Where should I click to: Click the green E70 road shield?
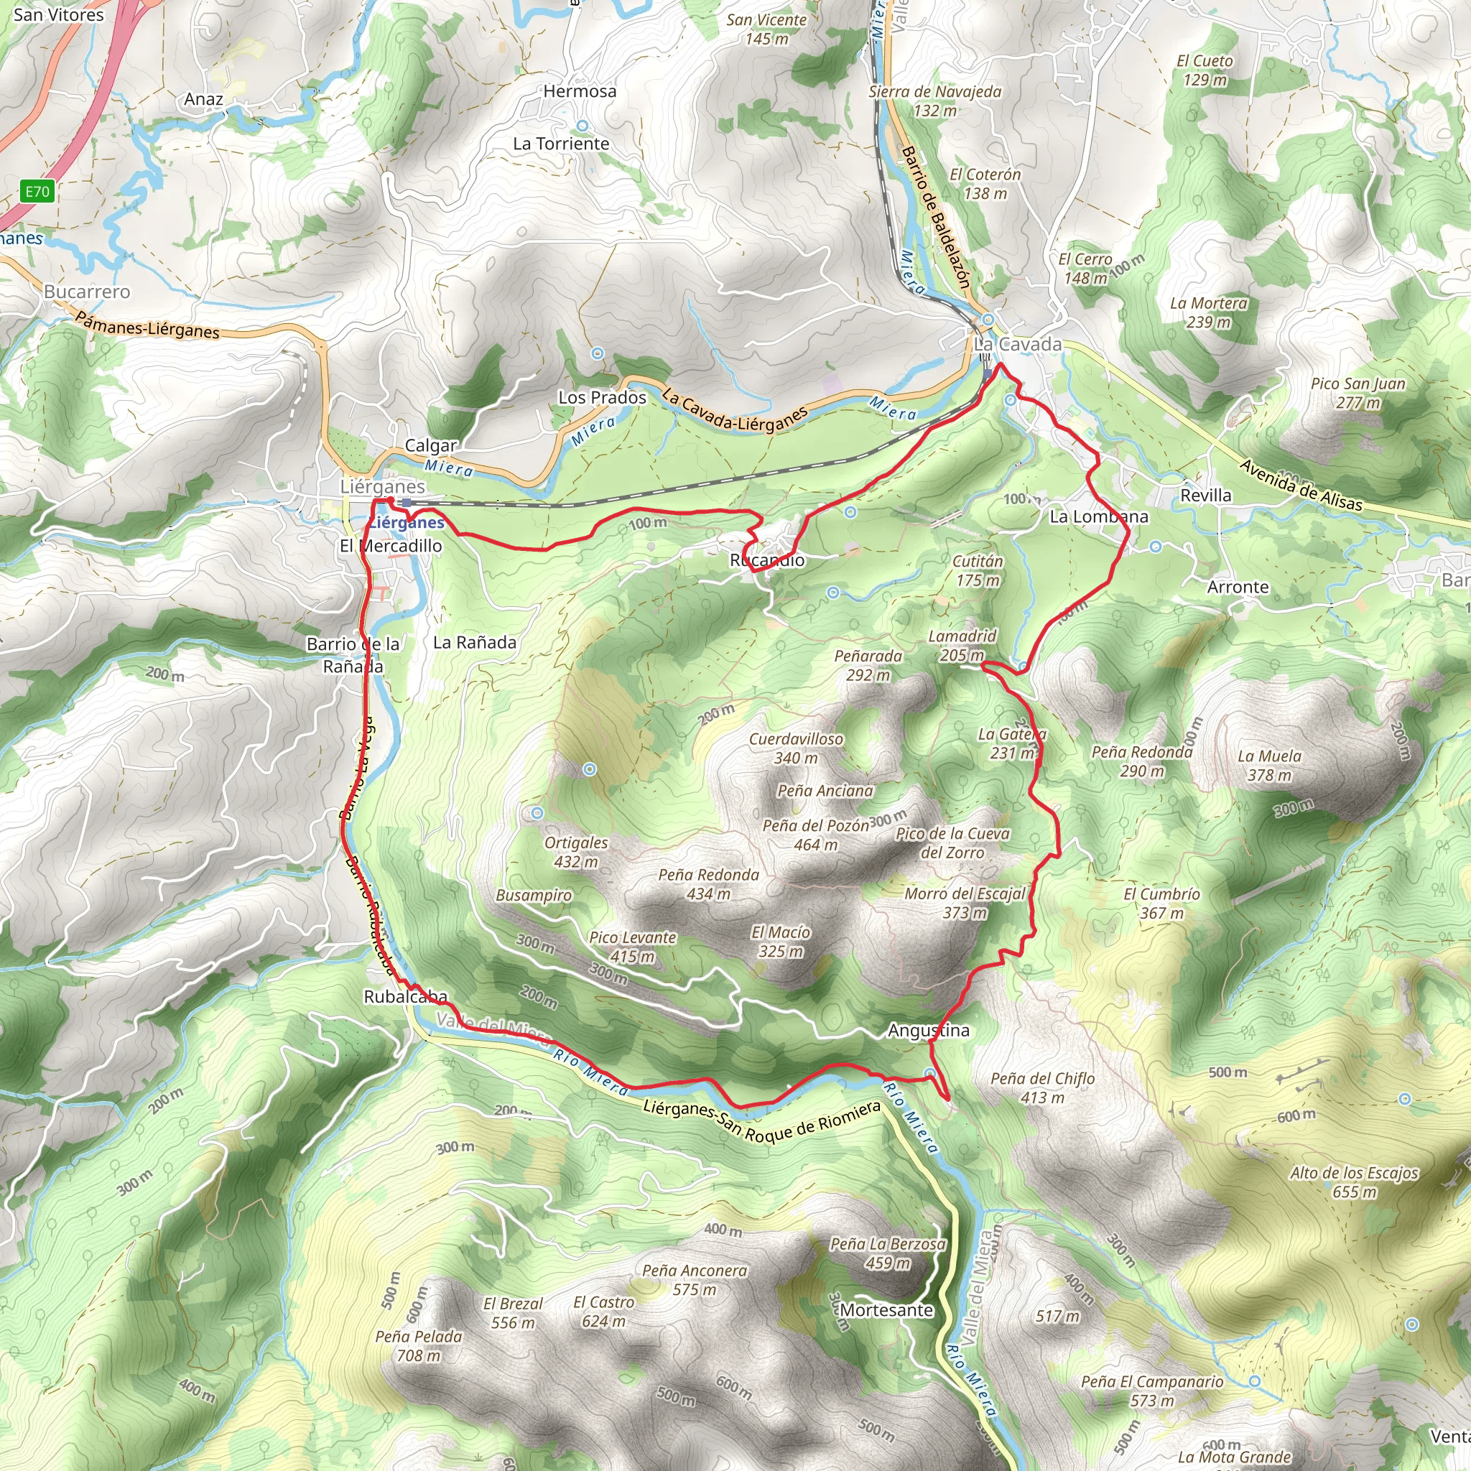(37, 191)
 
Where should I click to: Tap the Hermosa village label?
(580, 91)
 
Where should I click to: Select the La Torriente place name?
(560, 144)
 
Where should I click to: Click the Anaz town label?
(203, 99)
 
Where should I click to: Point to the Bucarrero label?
(87, 292)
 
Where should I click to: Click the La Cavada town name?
(1018, 344)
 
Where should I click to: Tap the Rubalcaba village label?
(405, 997)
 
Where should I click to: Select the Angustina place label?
(928, 1030)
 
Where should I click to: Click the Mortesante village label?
(886, 1309)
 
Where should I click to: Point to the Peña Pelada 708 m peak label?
(418, 1345)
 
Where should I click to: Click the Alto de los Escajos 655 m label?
(1354, 1182)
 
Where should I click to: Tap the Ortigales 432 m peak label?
(575, 852)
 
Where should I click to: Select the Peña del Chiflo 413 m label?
(1042, 1087)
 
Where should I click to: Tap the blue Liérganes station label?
(407, 522)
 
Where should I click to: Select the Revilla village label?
(1205, 495)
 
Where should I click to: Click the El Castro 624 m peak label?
(603, 1312)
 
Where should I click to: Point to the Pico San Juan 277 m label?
(1358, 393)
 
